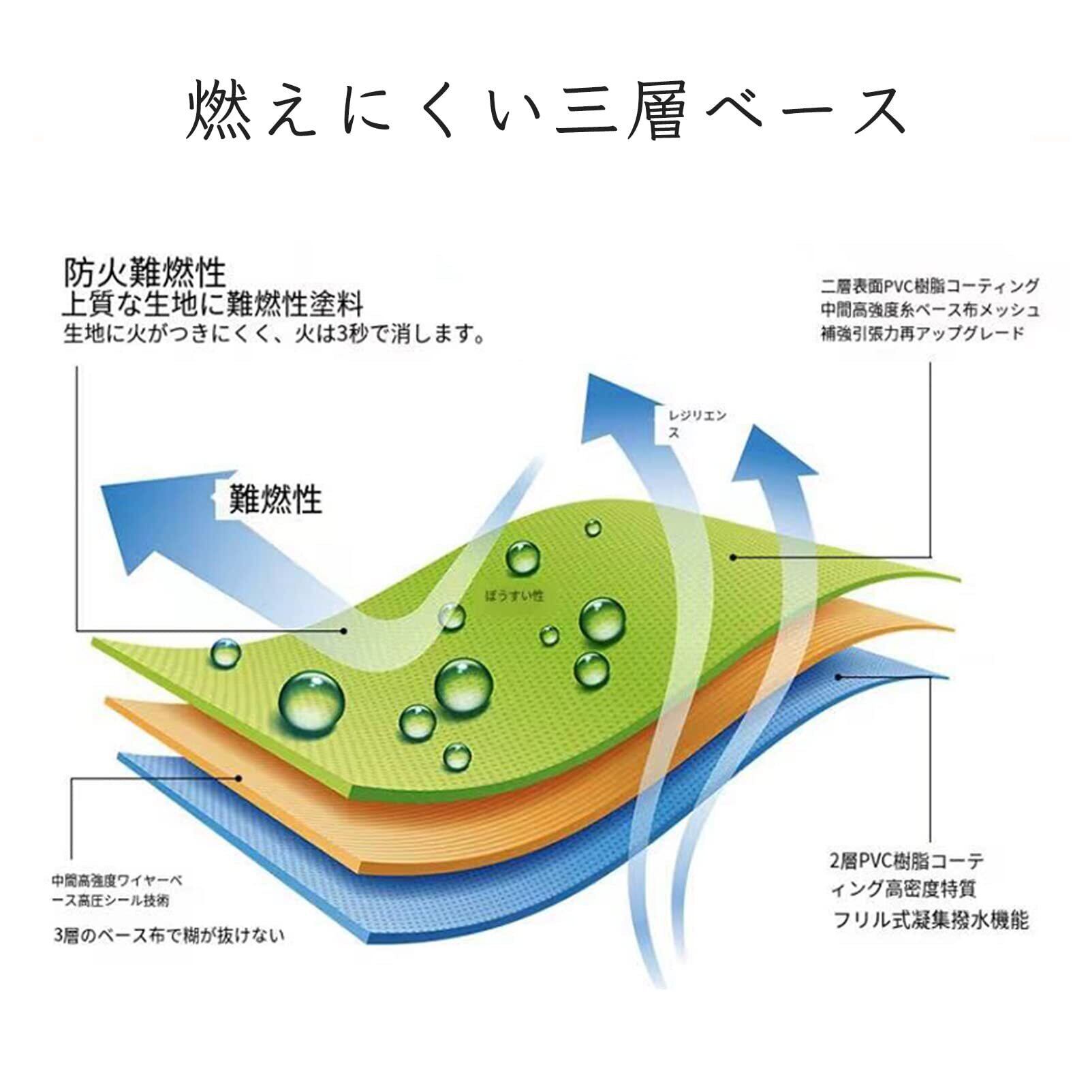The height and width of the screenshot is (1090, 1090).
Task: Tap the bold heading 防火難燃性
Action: (144, 273)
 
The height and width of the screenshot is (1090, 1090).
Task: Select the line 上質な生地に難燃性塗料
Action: (213, 304)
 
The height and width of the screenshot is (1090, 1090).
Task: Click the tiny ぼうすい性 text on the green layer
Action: (514, 595)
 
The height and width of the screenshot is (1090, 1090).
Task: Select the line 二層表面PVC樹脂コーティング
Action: (930, 285)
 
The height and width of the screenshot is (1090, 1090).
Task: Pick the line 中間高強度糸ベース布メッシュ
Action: (930, 310)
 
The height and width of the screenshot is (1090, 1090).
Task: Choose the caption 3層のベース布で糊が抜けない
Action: (168, 935)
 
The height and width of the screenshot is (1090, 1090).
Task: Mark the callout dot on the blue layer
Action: (839, 677)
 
